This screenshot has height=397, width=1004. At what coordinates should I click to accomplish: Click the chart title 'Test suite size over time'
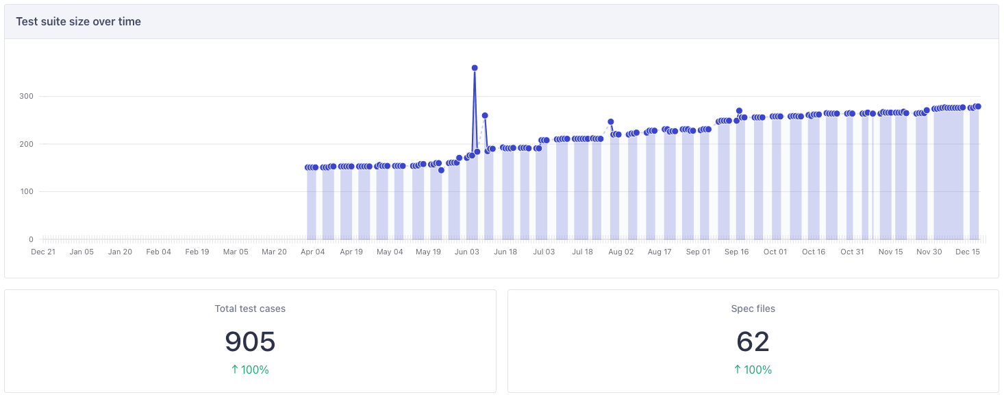click(78, 21)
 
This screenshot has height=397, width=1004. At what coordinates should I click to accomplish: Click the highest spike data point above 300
click(475, 68)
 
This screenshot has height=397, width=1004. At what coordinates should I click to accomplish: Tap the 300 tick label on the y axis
click(26, 96)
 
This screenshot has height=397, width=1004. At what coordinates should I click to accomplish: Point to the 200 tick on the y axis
click(26, 144)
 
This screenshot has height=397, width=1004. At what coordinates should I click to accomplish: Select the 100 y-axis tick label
click(26, 191)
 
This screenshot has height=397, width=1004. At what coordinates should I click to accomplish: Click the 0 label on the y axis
click(31, 239)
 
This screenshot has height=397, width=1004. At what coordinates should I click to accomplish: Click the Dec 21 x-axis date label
click(43, 252)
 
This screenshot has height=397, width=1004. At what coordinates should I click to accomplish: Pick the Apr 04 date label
click(313, 252)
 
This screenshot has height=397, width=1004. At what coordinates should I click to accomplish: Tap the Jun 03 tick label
click(467, 252)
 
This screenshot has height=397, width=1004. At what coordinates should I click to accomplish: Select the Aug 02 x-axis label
click(621, 252)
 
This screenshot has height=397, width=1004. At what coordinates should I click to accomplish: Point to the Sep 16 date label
click(736, 252)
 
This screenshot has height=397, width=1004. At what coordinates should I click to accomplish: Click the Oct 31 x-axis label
click(852, 252)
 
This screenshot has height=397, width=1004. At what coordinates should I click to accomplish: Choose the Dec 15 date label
click(968, 252)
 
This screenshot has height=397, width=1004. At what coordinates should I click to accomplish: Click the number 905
click(250, 341)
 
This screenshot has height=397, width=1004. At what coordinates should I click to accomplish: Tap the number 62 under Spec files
click(753, 341)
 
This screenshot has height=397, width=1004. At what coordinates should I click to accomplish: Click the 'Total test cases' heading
click(250, 309)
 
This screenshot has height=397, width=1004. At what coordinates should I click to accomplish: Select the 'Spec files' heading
click(753, 309)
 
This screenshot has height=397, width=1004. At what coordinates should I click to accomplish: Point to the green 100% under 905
click(250, 370)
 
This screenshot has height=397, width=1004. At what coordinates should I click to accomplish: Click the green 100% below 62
click(753, 370)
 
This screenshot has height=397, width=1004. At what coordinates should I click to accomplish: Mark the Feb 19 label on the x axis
click(197, 252)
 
